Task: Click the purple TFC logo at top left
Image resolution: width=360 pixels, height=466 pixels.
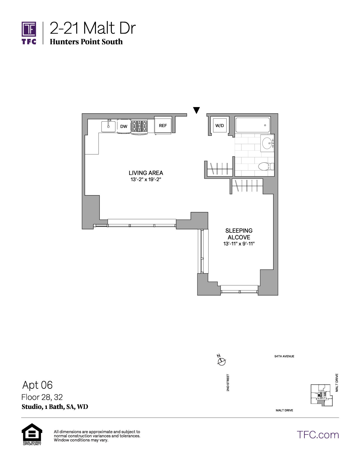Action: coord(29,33)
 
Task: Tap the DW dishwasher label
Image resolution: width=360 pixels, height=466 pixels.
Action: coord(124,126)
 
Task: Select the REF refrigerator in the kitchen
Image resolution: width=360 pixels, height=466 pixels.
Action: coord(163,125)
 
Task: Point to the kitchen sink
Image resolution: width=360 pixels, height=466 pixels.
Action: coord(108,126)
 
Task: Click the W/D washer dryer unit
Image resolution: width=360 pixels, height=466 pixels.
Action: coord(220,125)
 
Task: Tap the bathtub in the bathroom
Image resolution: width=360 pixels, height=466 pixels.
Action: coord(253,125)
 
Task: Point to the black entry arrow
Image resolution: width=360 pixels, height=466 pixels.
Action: coord(196,110)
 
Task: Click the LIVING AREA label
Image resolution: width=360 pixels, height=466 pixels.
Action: coord(146,173)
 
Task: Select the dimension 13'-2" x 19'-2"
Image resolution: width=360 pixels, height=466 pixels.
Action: coord(146,179)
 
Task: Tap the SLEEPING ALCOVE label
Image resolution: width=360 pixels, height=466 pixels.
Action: coord(239,234)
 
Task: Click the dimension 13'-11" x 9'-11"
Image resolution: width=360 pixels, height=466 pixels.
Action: coord(239,244)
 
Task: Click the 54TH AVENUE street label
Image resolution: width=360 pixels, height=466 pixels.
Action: coord(284,357)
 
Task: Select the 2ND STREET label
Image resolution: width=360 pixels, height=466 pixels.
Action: coord(228,382)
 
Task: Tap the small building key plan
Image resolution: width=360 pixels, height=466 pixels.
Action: coord(322,395)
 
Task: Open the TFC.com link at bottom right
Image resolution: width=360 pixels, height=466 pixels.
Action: coord(318,435)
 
